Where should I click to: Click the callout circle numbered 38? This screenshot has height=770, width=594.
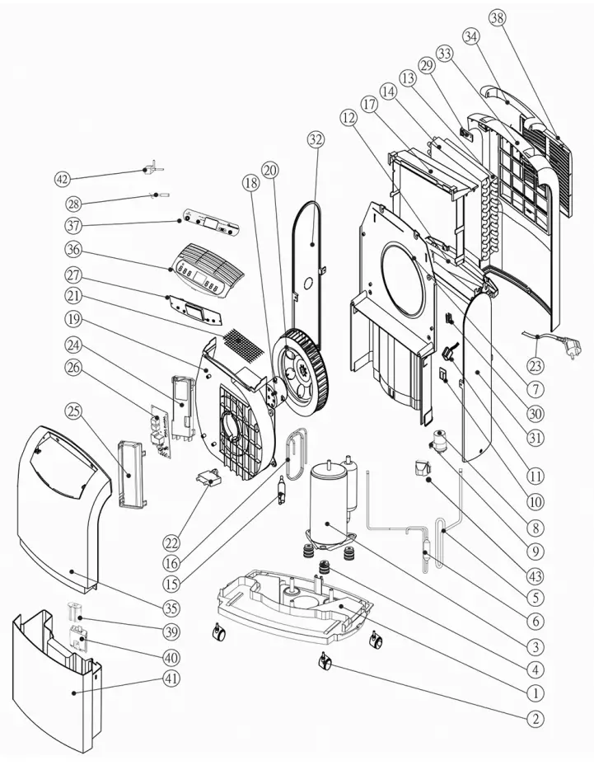click(x=497, y=19)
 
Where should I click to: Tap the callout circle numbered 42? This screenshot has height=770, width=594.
click(x=63, y=178)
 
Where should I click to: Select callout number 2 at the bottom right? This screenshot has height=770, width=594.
click(x=536, y=718)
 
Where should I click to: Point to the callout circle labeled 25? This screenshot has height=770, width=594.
click(x=76, y=411)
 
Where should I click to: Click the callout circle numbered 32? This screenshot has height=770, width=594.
click(x=316, y=139)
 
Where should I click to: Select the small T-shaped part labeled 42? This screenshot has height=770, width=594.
click(x=147, y=170)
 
